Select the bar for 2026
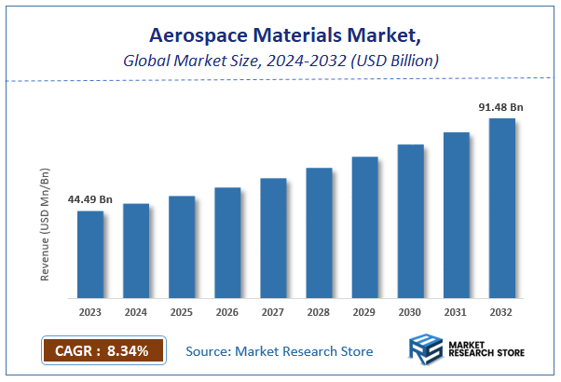[x=227, y=243]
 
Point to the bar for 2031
[x=457, y=215]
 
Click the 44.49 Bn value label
[x=89, y=199]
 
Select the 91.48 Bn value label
[x=500, y=107]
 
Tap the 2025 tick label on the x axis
[x=182, y=313]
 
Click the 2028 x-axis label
[x=319, y=313]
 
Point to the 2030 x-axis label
[x=410, y=313]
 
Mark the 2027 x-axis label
[x=273, y=313]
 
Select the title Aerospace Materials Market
[x=280, y=36]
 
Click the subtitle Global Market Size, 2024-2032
[x=280, y=61]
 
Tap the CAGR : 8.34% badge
[x=103, y=351]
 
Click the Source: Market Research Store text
[x=280, y=351]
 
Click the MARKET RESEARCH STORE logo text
[x=487, y=351]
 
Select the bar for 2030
[x=410, y=222]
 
